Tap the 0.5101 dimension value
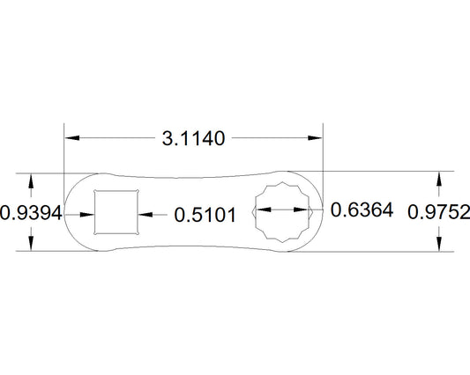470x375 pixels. coord(205,213)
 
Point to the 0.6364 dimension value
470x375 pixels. coord(361,211)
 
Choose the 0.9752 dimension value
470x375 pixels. coord(439,212)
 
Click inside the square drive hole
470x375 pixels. coord(116,212)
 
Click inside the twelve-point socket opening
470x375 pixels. coord(286,211)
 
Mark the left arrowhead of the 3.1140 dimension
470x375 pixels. coord(71,138)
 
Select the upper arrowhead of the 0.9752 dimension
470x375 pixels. coord(439,178)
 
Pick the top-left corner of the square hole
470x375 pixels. coord(95,191)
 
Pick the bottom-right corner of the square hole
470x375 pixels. coord(138,233)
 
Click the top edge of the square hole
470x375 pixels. coord(116,190)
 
